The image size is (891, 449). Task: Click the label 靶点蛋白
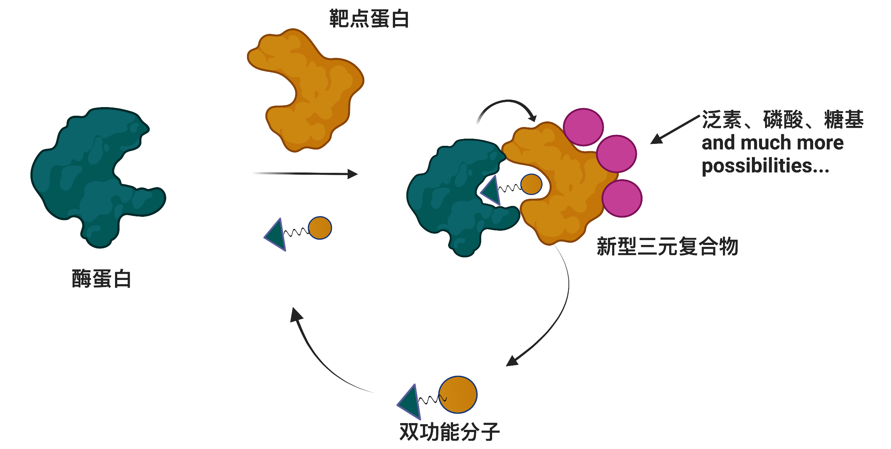(369, 19)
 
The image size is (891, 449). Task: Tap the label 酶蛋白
(102, 279)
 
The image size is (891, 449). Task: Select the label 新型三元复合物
(667, 246)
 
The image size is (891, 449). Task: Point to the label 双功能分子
(449, 432)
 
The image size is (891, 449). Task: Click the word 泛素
(721, 120)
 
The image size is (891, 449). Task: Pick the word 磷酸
(783, 120)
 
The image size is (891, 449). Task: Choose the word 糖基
(844, 120)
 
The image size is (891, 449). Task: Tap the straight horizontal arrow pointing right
(305, 174)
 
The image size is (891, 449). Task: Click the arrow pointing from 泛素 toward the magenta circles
(675, 130)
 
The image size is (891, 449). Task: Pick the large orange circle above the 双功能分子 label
(458, 395)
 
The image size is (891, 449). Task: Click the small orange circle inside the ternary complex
(531, 184)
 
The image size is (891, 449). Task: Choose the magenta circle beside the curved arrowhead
(583, 127)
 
